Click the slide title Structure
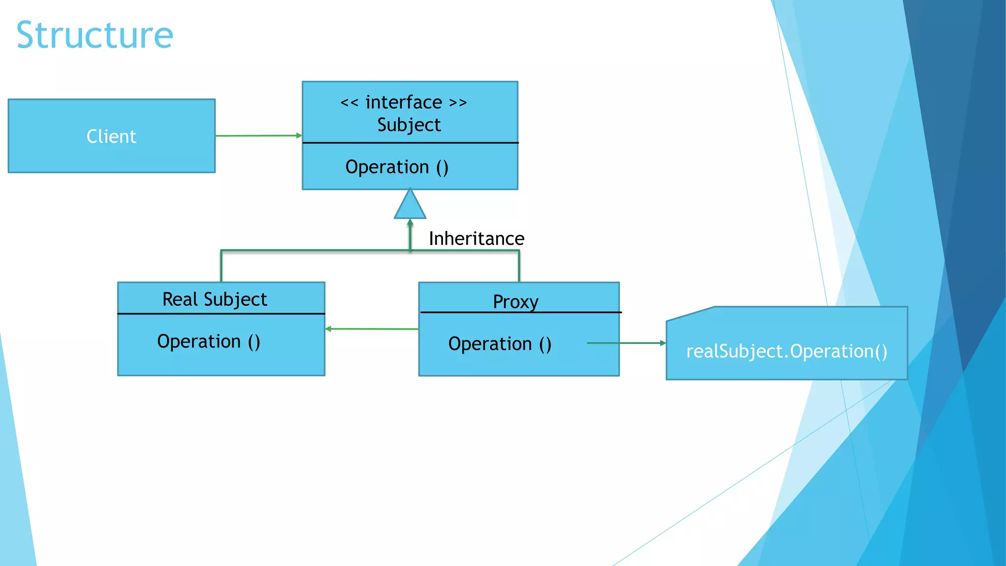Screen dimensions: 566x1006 (x=94, y=35)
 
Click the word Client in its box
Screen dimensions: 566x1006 (x=112, y=137)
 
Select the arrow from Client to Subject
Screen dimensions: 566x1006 (x=258, y=136)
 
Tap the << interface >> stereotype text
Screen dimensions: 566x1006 (x=403, y=103)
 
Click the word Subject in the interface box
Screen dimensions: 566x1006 (x=409, y=125)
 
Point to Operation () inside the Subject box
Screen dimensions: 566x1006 (x=397, y=168)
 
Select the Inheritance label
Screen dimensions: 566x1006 (x=476, y=239)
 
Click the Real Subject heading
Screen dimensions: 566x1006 (x=215, y=299)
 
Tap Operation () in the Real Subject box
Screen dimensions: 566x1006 (x=209, y=341)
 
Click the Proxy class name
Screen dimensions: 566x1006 (x=516, y=302)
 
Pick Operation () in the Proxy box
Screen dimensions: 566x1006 (x=500, y=344)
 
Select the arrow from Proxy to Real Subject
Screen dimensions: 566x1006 (x=372, y=329)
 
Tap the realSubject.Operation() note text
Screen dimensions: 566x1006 (x=786, y=352)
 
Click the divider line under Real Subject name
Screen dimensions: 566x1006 (x=221, y=313)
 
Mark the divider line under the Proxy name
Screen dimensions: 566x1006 (x=521, y=312)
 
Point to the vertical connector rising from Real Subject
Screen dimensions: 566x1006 (x=222, y=266)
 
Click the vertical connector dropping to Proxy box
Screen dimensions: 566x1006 (x=519, y=267)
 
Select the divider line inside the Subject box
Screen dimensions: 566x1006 (x=410, y=143)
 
